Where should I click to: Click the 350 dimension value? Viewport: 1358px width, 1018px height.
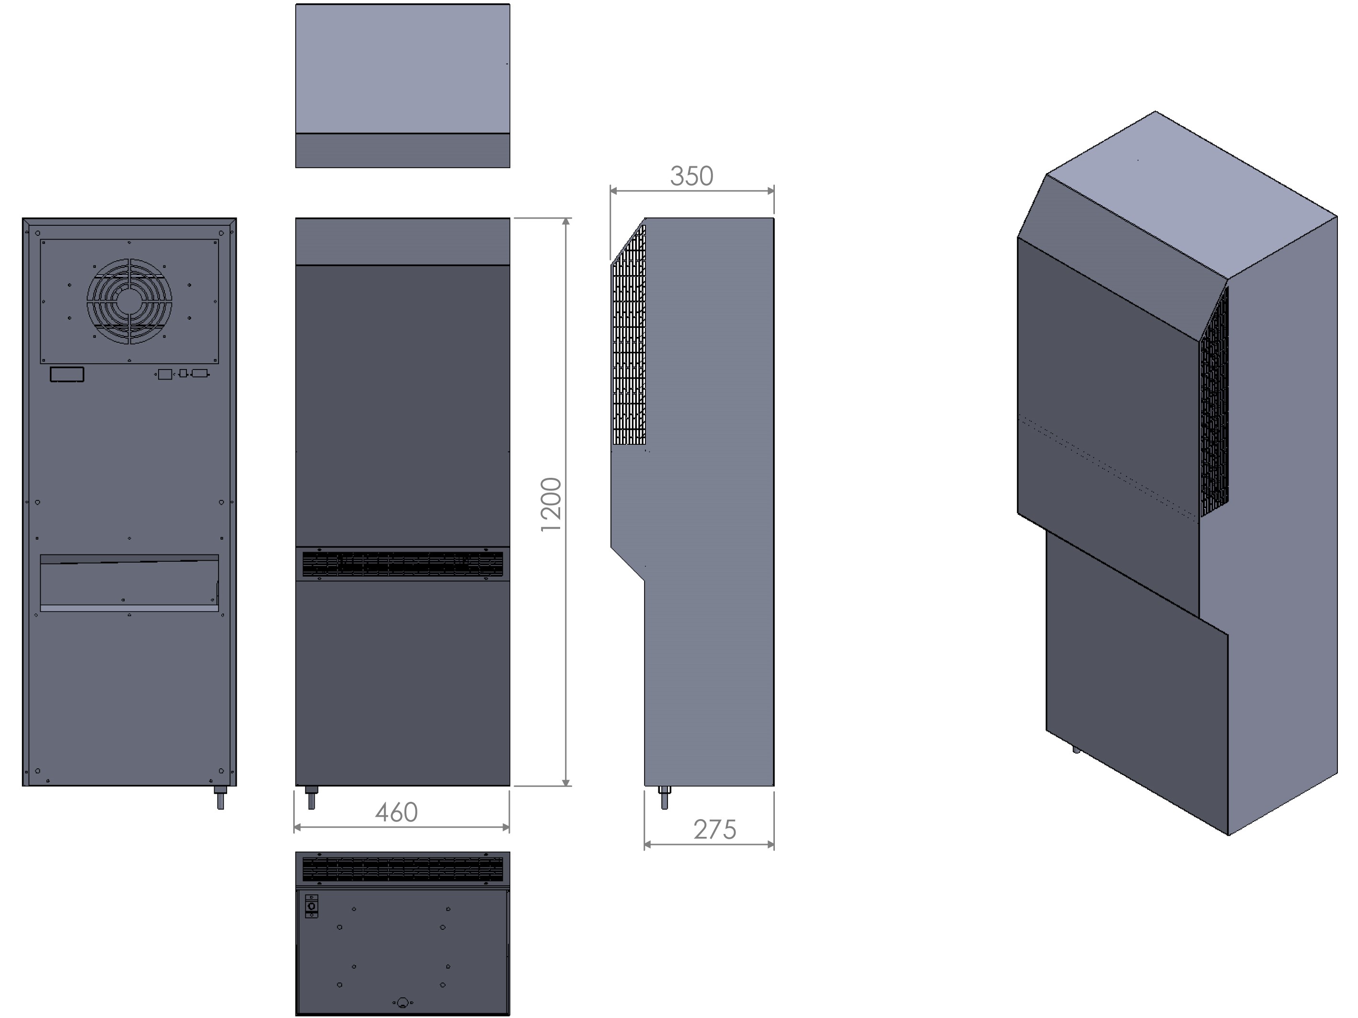click(x=691, y=176)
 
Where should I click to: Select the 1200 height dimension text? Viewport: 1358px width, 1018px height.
click(x=551, y=504)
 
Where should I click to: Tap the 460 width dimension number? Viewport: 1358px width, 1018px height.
click(x=396, y=812)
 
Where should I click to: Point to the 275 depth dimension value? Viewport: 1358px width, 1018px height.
click(x=714, y=830)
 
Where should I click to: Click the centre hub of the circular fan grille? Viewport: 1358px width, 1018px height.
click(x=129, y=301)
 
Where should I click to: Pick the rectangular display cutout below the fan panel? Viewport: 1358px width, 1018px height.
click(x=67, y=374)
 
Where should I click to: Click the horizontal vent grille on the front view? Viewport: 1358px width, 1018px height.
click(x=403, y=564)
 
